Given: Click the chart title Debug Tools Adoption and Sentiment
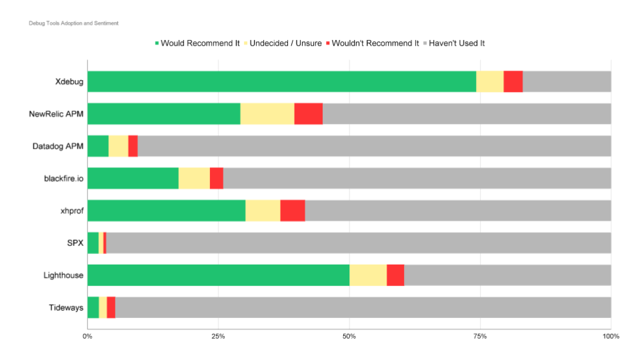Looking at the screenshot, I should point(73,23).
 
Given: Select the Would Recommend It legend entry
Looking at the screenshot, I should point(199,43).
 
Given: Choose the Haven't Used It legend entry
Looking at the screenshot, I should point(456,43).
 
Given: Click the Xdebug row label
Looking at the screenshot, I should point(69,81).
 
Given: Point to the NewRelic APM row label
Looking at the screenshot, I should point(56,114).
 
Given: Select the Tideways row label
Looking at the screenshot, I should point(66,308).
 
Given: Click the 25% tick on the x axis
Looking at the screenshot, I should point(218,336).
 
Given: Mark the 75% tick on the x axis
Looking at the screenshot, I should point(480,336).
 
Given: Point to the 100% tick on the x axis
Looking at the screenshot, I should point(611,336).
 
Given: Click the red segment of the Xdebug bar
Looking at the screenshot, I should point(513,81).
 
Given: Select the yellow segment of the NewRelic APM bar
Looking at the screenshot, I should point(267,114).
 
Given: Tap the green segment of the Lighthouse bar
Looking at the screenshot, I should point(218,275).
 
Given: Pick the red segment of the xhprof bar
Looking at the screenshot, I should point(292,211).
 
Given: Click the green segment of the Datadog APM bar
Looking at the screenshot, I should point(98,146).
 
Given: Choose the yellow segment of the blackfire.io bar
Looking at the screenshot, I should point(194,179).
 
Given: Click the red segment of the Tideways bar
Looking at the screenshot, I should point(111,308).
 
